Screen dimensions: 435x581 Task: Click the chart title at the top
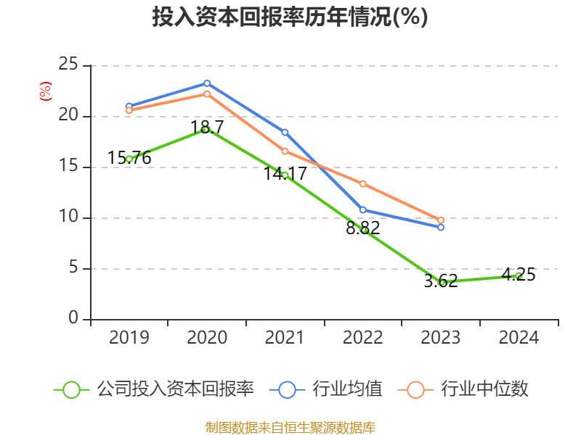(x=290, y=17)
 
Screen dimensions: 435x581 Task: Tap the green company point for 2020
(x=206, y=129)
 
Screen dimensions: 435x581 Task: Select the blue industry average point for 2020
(x=206, y=83)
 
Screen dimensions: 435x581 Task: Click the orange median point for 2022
(x=363, y=183)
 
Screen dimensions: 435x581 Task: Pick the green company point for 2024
(x=519, y=275)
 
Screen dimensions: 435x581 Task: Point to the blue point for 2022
(x=363, y=210)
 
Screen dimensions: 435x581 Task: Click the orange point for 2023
(x=441, y=220)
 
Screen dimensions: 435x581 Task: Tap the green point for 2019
(x=129, y=159)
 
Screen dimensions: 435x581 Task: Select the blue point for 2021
(x=285, y=132)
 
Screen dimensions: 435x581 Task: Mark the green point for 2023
(x=441, y=282)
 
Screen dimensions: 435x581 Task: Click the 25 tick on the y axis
(x=68, y=65)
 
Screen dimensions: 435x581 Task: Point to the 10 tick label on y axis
(x=68, y=217)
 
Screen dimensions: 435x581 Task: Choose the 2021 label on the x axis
(x=285, y=338)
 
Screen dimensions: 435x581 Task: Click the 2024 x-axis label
(x=519, y=338)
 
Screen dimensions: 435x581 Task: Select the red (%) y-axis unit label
(x=46, y=91)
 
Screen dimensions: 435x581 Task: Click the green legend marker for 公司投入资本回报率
(x=71, y=389)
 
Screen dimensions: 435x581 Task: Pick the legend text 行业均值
(x=347, y=389)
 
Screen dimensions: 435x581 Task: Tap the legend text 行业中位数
(x=485, y=389)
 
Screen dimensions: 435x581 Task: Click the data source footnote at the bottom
(x=290, y=427)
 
